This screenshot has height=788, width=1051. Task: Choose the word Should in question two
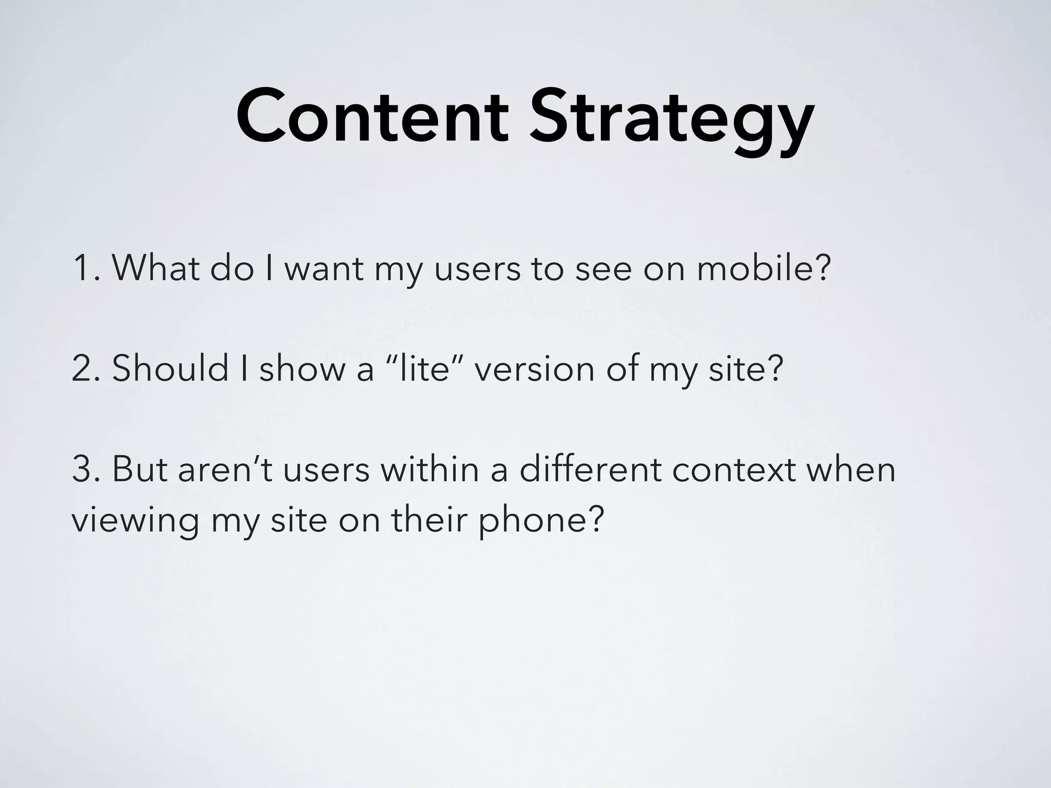(170, 368)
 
